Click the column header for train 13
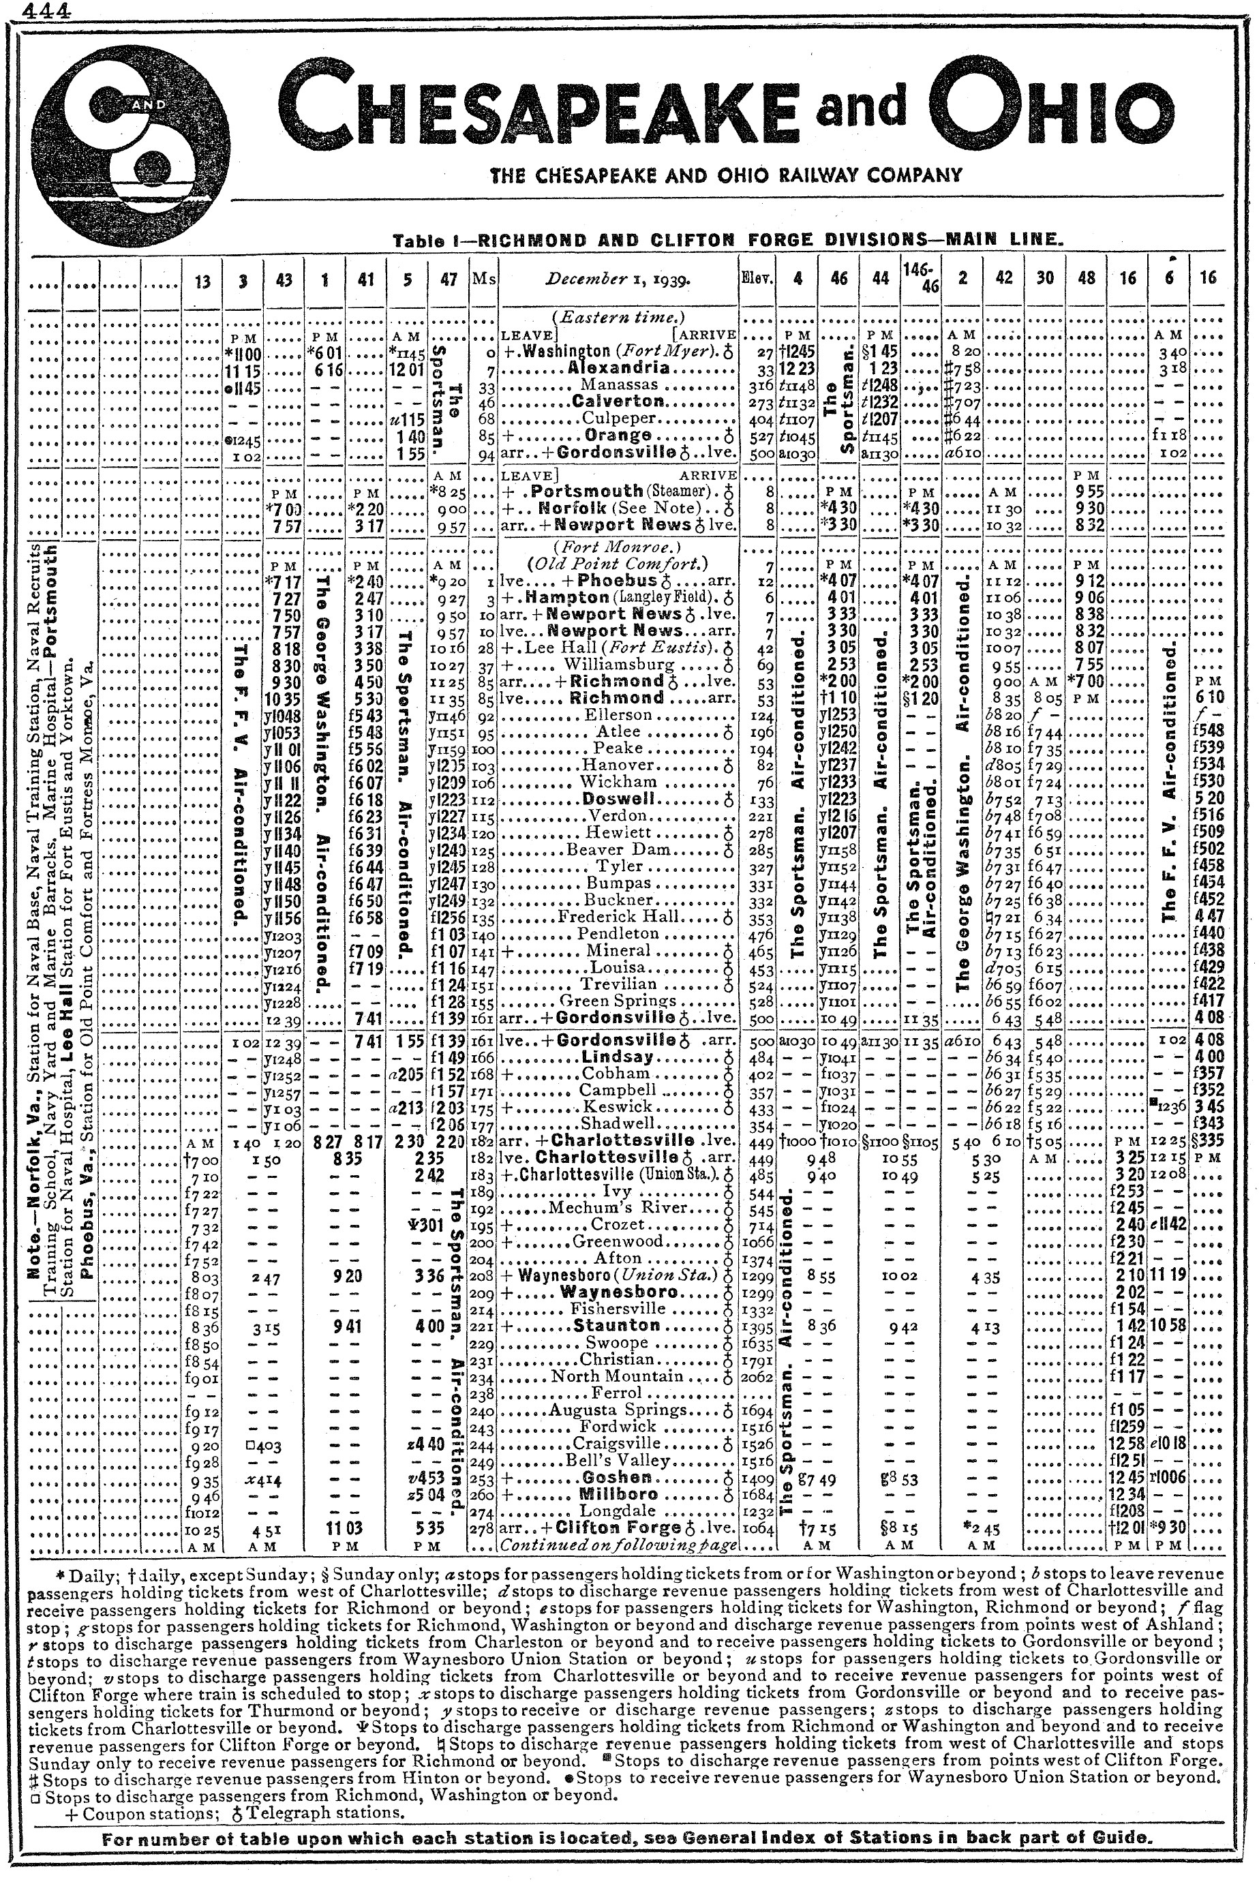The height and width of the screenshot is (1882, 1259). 203,279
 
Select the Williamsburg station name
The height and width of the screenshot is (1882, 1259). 610,665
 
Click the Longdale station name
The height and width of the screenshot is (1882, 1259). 617,1511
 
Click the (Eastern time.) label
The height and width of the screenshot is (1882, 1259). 618,316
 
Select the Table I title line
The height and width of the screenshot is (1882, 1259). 727,239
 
